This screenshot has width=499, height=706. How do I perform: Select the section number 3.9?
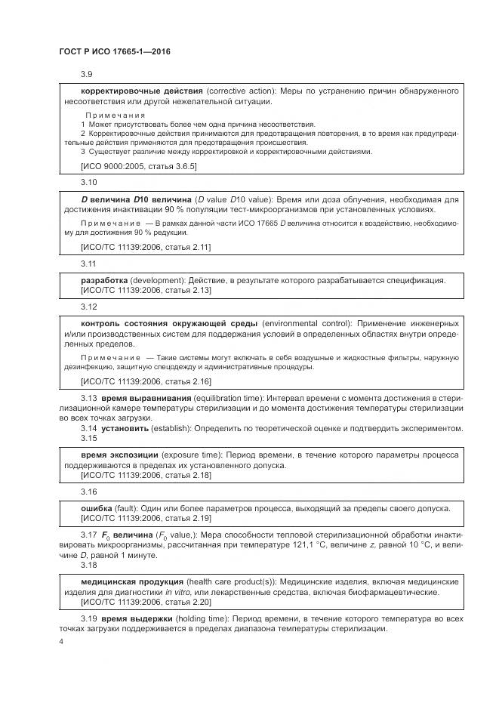[87, 74]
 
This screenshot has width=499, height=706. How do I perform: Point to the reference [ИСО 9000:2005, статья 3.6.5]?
[128, 165]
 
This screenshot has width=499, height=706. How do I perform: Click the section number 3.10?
[88, 182]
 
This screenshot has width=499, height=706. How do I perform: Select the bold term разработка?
[103, 280]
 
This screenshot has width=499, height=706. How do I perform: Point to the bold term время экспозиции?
[119, 455]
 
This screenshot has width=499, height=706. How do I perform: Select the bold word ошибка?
[97, 508]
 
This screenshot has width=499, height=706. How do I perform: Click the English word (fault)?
[129, 508]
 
